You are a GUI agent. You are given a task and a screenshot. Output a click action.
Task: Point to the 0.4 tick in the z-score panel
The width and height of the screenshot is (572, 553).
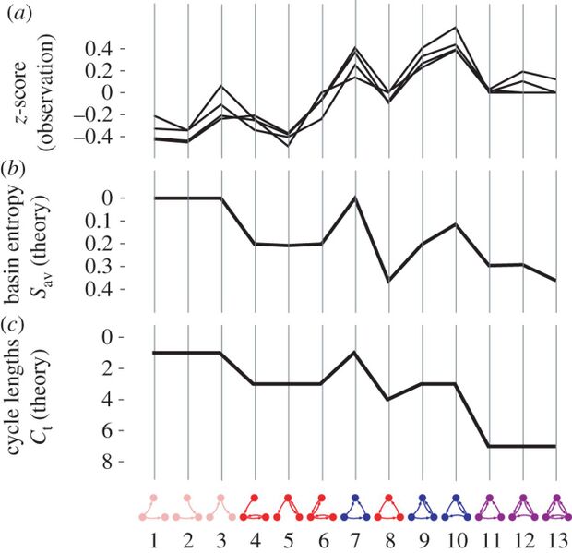click(118, 48)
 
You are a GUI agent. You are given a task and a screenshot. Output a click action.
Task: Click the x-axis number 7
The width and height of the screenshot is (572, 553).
click(355, 536)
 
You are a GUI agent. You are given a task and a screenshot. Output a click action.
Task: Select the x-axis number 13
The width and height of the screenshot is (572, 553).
click(556, 536)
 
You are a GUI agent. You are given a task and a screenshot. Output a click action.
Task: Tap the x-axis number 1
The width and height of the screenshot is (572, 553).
click(154, 536)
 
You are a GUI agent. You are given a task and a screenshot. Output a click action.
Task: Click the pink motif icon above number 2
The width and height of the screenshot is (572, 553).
click(187, 507)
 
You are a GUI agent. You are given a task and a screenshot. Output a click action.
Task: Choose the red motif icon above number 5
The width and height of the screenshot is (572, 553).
click(288, 507)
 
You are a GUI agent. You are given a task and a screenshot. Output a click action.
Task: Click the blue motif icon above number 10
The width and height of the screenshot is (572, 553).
click(456, 507)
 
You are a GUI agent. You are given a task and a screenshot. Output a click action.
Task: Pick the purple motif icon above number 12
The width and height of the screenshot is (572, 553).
click(523, 507)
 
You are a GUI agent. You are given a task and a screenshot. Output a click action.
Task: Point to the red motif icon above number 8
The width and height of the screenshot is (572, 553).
click(388, 507)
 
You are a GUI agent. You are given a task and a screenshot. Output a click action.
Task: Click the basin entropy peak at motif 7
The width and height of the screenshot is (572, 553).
click(355, 198)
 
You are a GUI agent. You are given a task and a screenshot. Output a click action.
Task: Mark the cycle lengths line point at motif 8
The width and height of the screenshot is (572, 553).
click(388, 399)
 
